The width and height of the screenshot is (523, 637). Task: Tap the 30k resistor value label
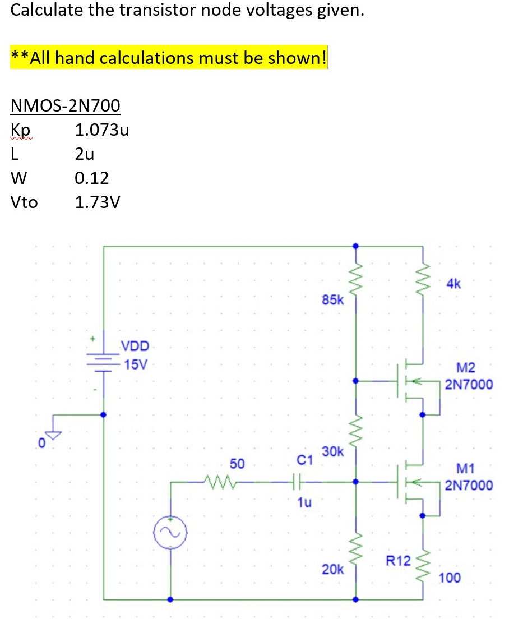pos(333,451)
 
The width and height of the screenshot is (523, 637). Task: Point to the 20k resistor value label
pos(333,569)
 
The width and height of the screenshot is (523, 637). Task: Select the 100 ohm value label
pos(450,578)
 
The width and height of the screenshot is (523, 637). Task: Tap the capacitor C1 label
pos(304,461)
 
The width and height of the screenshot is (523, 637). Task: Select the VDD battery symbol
pos(103,360)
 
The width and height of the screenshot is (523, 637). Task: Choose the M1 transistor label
pos(466,468)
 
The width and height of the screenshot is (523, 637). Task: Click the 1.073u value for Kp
pos(102,131)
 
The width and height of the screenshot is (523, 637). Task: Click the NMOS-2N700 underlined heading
pos(66,105)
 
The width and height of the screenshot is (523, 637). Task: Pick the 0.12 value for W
pos(91,178)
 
